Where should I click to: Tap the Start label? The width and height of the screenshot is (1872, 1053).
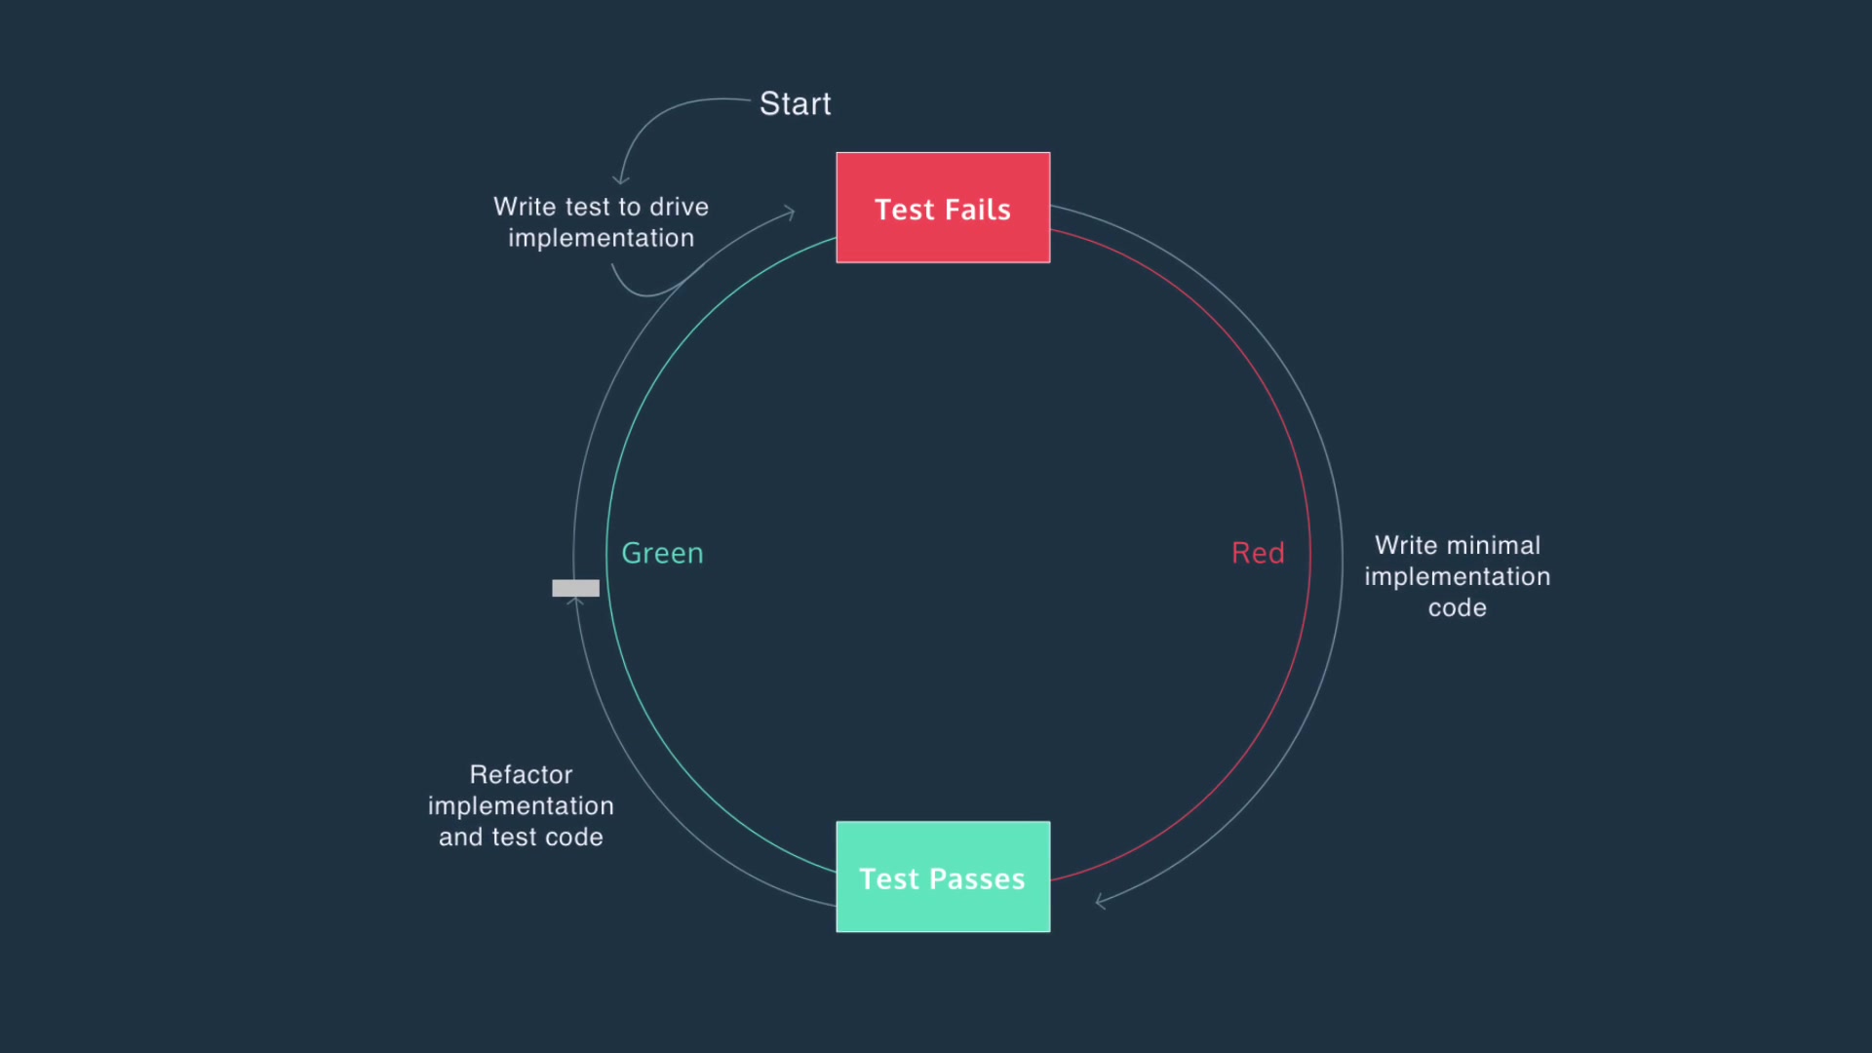tap(795, 104)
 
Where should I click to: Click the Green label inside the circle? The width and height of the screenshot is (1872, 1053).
tap(662, 554)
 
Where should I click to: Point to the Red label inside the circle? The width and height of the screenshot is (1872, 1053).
tap(1258, 554)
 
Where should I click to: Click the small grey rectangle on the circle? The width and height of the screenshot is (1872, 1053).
tap(575, 588)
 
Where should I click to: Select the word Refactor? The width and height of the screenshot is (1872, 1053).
tap(521, 775)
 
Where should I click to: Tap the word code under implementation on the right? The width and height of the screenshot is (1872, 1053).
tap(1457, 608)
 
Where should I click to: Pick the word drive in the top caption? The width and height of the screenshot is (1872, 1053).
tap(679, 208)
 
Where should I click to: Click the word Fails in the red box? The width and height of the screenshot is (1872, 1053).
tap(978, 211)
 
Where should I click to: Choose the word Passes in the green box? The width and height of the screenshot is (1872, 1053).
tap(976, 879)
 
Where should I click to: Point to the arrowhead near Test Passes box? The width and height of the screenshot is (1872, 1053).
tap(1100, 902)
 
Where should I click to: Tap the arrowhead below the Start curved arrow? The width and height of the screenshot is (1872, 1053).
tap(620, 180)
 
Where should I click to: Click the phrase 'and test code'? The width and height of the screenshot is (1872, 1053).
tap(521, 838)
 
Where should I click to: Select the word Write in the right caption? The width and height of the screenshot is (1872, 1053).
tap(1405, 546)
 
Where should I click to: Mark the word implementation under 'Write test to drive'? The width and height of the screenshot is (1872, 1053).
tap(601, 239)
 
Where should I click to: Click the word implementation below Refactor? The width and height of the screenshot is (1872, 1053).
tap(521, 806)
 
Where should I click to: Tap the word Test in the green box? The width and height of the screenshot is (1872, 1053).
tap(888, 879)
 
